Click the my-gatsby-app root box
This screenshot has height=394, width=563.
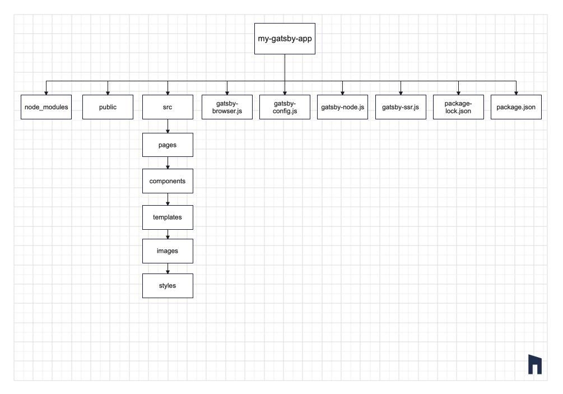pyautogui.click(x=285, y=39)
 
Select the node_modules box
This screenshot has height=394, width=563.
pyautogui.click(x=46, y=107)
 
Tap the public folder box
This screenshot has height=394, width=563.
pyautogui.click(x=108, y=107)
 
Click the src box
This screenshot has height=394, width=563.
pyautogui.click(x=167, y=107)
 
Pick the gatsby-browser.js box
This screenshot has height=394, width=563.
pyautogui.click(x=227, y=107)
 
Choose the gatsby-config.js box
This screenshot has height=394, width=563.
pyautogui.click(x=285, y=107)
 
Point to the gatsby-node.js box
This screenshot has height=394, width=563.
pyautogui.click(x=343, y=107)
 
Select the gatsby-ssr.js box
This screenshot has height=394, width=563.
pyautogui.click(x=401, y=107)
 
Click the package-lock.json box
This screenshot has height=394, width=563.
pyautogui.click(x=458, y=107)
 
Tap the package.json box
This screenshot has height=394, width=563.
pyautogui.click(x=517, y=107)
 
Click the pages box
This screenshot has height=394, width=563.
pyautogui.click(x=167, y=145)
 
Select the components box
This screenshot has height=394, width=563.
pyautogui.click(x=167, y=181)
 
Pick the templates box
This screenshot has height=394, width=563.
pyautogui.click(x=167, y=217)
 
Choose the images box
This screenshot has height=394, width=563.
pyautogui.click(x=167, y=251)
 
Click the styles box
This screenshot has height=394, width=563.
pyautogui.click(x=167, y=285)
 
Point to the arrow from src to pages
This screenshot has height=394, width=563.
pyautogui.click(x=167, y=127)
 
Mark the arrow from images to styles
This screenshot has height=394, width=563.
pyautogui.click(x=167, y=268)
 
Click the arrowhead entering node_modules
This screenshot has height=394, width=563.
pyautogui.click(x=46, y=92)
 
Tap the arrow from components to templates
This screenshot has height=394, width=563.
pyautogui.click(x=167, y=200)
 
